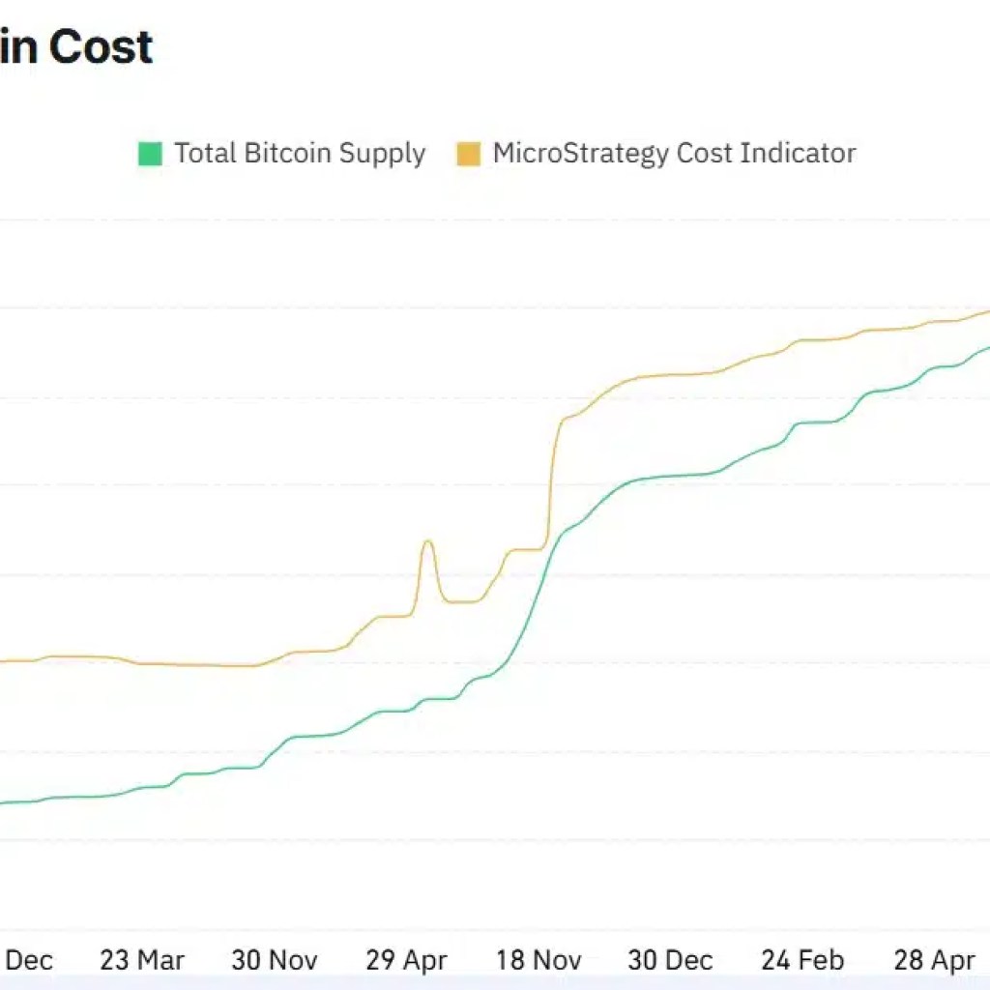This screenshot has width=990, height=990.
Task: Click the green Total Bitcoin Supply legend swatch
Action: pyautogui.click(x=150, y=154)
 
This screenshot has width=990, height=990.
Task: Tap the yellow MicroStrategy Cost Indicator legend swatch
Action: pyautogui.click(x=469, y=154)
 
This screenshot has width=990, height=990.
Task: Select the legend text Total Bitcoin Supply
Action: pyautogui.click(x=300, y=154)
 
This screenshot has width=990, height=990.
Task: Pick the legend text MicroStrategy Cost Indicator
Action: pyautogui.click(x=674, y=154)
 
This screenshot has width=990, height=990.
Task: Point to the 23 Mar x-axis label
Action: pyautogui.click(x=142, y=960)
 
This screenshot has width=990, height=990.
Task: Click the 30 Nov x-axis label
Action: pyautogui.click(x=275, y=960)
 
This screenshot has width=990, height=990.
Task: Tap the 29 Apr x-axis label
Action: pyautogui.click(x=406, y=960)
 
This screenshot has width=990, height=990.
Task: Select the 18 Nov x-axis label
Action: pyautogui.click(x=539, y=960)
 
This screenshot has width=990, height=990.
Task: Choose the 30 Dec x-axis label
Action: pyautogui.click(x=670, y=960)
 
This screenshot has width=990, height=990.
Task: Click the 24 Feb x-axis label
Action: pyautogui.click(x=802, y=960)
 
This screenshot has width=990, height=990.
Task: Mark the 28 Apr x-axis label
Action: pyautogui.click(x=934, y=960)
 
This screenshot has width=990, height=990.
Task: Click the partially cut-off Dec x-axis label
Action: pyautogui.click(x=29, y=960)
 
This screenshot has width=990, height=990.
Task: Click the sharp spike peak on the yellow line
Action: pyautogui.click(x=427, y=541)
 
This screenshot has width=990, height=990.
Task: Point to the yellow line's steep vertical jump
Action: pyautogui.click(x=552, y=474)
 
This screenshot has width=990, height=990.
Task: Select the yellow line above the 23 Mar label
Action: pyautogui.click(x=142, y=663)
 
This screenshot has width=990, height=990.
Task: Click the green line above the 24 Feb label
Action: pyautogui.click(x=802, y=423)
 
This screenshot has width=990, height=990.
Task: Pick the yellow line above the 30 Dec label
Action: pyautogui.click(x=670, y=375)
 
